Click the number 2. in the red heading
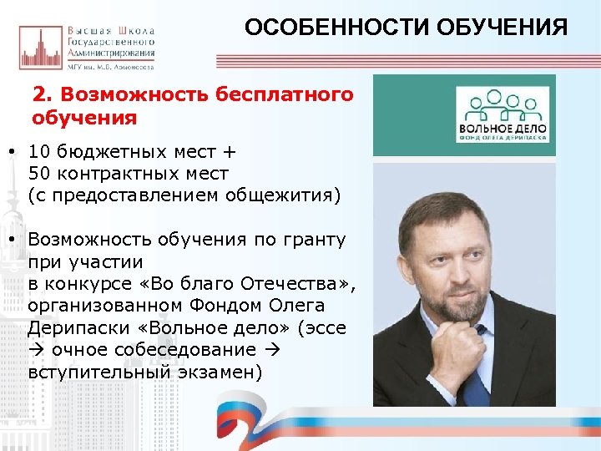point(43,94)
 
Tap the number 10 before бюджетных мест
point(39,152)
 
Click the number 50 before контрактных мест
point(39,174)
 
